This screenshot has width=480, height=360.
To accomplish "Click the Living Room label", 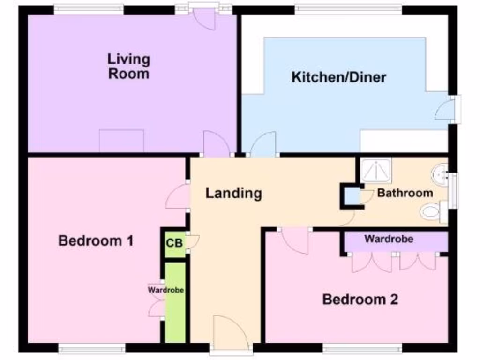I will [128, 67].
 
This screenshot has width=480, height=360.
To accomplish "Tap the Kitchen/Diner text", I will [338, 77].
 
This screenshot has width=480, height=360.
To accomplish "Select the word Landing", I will [233, 193].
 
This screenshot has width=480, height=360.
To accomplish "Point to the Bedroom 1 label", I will [96, 241].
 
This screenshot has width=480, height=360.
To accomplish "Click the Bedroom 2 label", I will [360, 299].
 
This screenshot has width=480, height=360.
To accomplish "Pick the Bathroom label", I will [405, 193].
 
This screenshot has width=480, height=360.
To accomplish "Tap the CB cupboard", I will [174, 243].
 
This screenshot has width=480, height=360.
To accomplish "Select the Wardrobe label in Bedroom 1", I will [165, 290].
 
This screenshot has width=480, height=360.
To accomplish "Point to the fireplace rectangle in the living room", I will [121, 141].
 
